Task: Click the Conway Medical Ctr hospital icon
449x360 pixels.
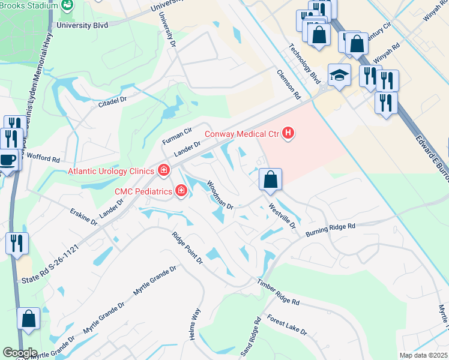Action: click(288, 133)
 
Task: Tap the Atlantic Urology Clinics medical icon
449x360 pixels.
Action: click(163, 171)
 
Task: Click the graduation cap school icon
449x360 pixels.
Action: click(339, 76)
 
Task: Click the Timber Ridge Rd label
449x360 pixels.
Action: click(278, 294)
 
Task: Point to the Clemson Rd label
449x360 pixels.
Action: click(289, 83)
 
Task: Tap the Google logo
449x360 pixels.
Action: click(20, 353)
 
